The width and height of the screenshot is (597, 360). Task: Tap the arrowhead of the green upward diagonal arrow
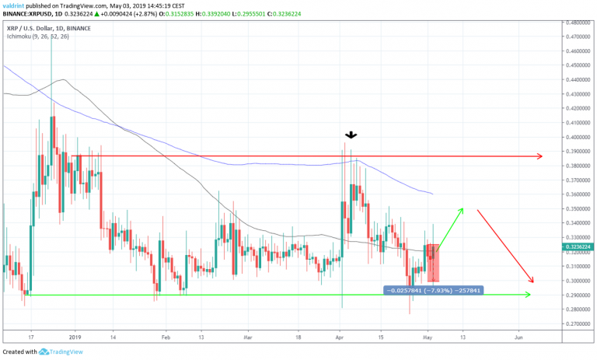463,209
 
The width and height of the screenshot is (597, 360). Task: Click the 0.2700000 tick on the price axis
575,323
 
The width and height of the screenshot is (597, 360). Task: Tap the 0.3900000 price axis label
575,151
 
